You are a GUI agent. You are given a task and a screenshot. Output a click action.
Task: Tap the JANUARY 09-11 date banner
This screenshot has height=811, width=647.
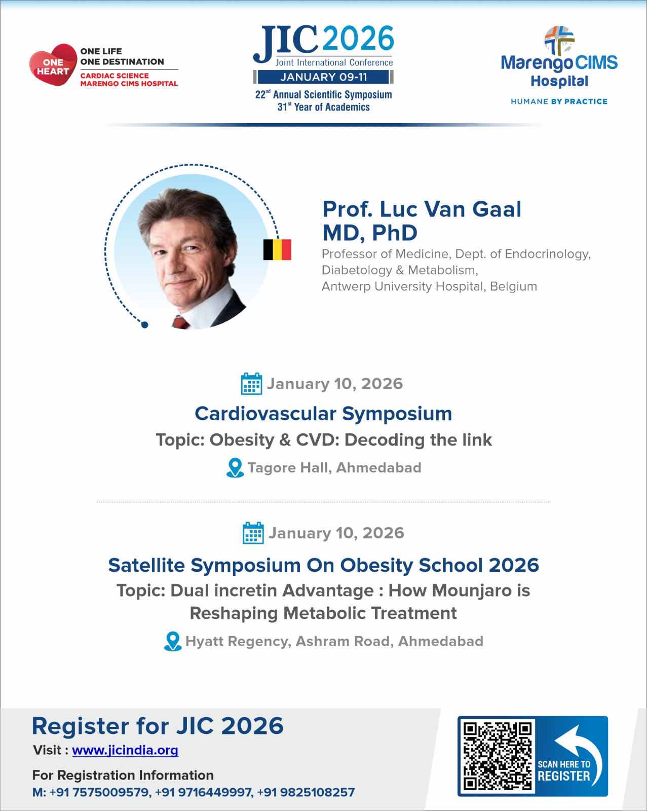(324, 77)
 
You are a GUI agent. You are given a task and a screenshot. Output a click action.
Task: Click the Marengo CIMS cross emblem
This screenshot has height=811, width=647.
(559, 40)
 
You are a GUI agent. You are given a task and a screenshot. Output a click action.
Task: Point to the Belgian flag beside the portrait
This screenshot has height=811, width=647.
(277, 249)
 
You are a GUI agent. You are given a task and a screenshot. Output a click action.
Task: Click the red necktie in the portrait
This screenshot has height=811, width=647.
(180, 321)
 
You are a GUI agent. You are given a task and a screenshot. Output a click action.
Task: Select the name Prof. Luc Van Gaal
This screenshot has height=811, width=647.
(422, 209)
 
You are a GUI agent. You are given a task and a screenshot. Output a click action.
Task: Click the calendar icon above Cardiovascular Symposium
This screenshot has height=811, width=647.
(251, 384)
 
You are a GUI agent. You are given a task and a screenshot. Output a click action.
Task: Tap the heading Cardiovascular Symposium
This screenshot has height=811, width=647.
(323, 414)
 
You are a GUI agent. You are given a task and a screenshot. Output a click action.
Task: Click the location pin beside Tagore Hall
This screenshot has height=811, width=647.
(235, 467)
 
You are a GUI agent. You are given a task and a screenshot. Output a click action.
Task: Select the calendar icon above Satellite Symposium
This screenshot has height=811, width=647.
(253, 533)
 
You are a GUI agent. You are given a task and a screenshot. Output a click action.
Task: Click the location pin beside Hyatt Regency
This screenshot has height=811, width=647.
(173, 641)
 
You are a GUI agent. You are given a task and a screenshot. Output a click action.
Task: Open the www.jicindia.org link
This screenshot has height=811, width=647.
(125, 750)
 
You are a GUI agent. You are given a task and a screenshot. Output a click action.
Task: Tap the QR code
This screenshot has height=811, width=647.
(497, 756)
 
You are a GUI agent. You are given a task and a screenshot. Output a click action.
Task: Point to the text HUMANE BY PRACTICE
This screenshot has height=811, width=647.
(559, 101)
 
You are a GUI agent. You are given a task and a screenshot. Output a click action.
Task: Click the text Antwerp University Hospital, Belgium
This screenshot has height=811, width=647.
(429, 286)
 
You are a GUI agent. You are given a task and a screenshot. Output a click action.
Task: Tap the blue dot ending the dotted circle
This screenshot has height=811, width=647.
(144, 325)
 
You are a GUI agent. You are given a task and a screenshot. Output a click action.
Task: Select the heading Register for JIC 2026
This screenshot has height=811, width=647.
(158, 726)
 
